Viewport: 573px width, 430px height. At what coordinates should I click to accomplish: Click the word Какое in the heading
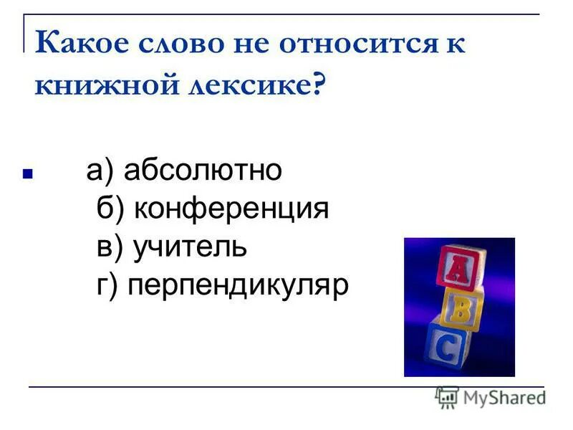[74, 44]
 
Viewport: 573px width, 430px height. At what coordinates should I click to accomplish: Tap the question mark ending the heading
[318, 86]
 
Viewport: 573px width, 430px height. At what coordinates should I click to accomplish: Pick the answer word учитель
[190, 247]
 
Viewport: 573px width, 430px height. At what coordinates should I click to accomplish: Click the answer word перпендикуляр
[238, 285]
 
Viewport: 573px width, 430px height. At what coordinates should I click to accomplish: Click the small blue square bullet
[27, 173]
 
